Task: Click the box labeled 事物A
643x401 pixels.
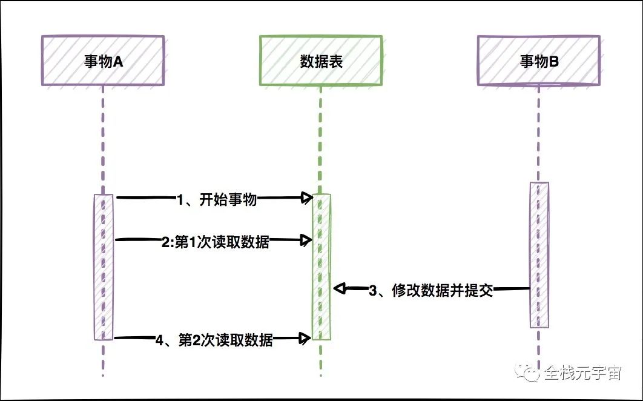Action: click(x=102, y=61)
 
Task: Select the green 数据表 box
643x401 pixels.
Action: click(x=321, y=61)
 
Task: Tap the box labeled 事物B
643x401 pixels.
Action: click(x=538, y=61)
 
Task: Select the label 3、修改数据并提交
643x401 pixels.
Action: click(x=430, y=291)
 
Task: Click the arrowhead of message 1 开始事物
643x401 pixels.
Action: click(x=307, y=197)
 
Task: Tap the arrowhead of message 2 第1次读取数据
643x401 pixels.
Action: click(x=307, y=241)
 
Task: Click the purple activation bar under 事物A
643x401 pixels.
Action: click(x=103, y=267)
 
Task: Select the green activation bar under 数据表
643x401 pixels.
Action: click(x=321, y=267)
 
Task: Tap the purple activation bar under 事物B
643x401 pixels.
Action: click(x=539, y=254)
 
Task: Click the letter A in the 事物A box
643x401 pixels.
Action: click(x=119, y=61)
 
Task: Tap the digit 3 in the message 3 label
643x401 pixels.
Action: click(x=374, y=291)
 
